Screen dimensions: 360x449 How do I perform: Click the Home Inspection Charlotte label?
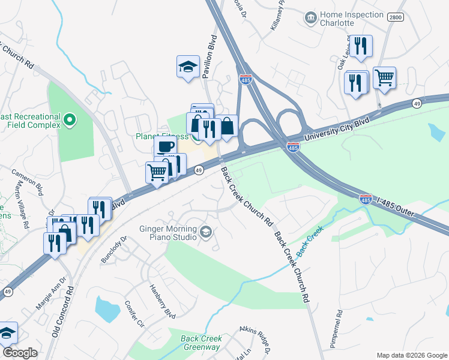(x=351, y=19)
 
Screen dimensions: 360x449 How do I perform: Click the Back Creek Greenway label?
(x=200, y=343)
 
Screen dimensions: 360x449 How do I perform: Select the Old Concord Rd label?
(x=61, y=312)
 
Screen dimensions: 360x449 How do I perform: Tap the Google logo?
(x=20, y=352)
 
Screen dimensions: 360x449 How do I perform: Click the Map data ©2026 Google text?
(x=411, y=355)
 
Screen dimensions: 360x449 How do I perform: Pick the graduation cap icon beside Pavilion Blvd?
(x=188, y=67)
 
